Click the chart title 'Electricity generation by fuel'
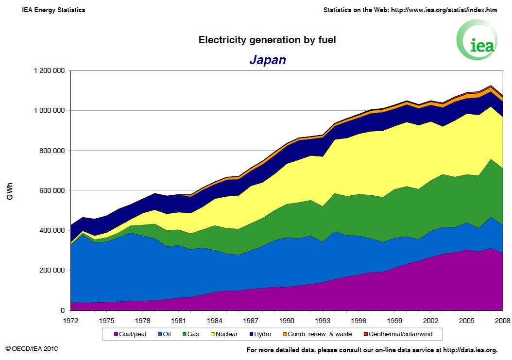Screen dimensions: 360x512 pyautogui.click(x=267, y=40)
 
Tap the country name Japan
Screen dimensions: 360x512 pyautogui.click(x=267, y=60)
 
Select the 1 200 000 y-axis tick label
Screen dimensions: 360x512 pyautogui.click(x=49, y=71)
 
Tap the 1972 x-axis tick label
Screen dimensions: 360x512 pyautogui.click(x=70, y=321)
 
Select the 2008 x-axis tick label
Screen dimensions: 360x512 pyautogui.click(x=502, y=321)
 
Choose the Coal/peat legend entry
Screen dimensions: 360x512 pyautogui.click(x=130, y=334)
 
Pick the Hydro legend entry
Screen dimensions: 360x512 pyautogui.click(x=259, y=334)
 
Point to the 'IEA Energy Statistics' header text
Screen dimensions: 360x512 pyautogui.click(x=53, y=10)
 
